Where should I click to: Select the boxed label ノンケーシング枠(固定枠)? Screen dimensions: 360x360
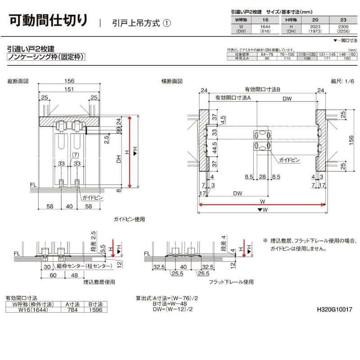(46, 57)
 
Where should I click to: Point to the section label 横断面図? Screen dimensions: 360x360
(172, 81)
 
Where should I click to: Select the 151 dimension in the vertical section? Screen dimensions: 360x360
(69, 89)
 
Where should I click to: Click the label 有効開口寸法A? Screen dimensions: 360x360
(232, 97)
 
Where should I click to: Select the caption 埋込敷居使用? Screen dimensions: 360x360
(99, 282)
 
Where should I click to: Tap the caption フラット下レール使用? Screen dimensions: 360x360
(231, 282)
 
